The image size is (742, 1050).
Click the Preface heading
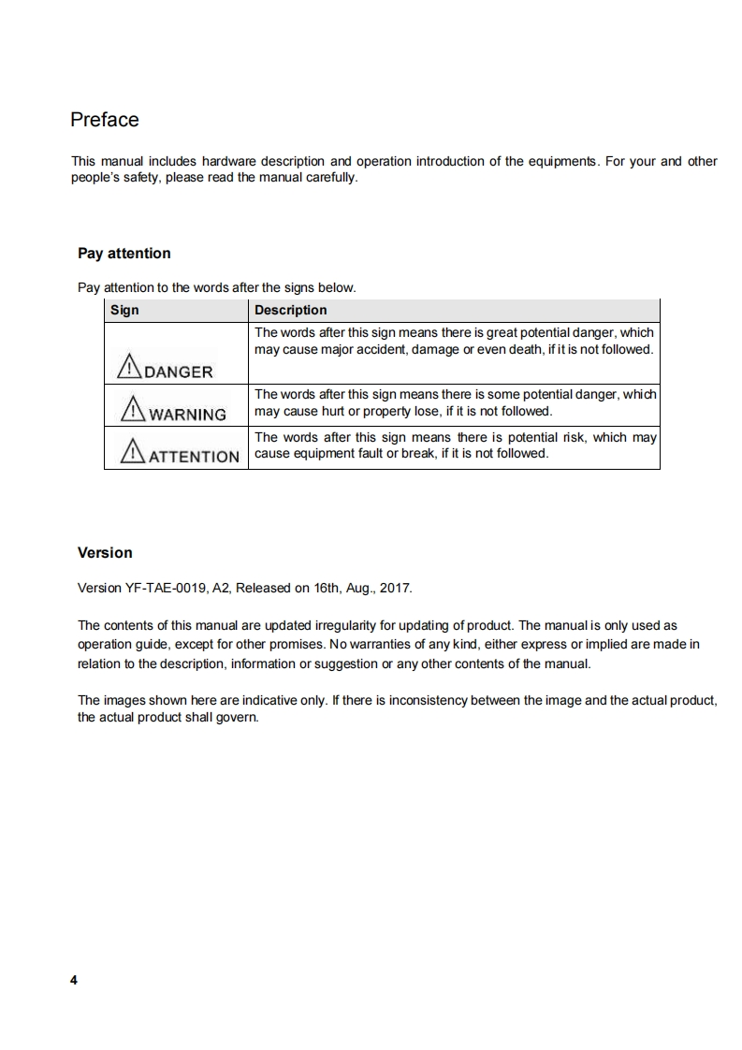[x=105, y=120]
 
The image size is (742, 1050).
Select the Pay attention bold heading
[x=124, y=254]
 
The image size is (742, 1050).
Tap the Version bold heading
[x=105, y=553]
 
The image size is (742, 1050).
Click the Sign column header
[x=124, y=311]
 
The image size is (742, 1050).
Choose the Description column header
[x=291, y=311]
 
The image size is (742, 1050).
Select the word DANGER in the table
[x=178, y=372]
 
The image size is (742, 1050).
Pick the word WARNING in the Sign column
[x=187, y=415]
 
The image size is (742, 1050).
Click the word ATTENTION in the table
[x=195, y=457]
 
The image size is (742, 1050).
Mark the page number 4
[x=74, y=980]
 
